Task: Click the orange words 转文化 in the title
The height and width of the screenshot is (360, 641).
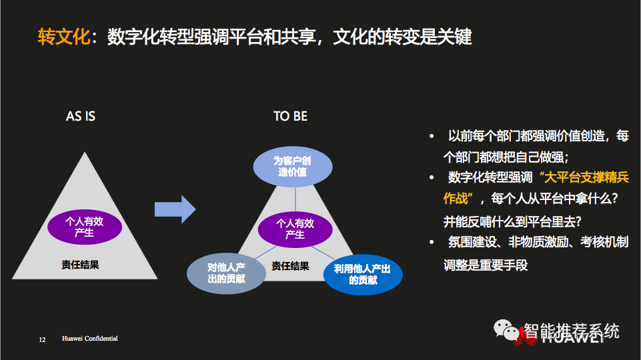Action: click(x=63, y=36)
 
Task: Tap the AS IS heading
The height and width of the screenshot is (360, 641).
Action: click(x=81, y=117)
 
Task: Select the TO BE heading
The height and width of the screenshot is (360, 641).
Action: click(x=290, y=117)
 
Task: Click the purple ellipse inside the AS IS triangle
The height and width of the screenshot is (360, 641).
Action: click(x=85, y=227)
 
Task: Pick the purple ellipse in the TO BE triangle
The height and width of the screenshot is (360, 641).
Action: click(x=295, y=229)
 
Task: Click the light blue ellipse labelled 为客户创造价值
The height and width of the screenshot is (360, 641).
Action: click(x=292, y=167)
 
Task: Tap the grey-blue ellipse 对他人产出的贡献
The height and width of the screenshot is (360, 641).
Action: click(x=226, y=273)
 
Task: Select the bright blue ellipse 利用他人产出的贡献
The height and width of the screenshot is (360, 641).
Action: click(x=363, y=275)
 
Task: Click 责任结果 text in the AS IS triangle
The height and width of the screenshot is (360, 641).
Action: click(x=80, y=265)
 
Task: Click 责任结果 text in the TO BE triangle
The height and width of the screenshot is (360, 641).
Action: click(x=290, y=266)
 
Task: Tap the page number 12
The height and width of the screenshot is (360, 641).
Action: click(x=42, y=340)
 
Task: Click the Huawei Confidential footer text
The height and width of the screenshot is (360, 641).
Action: click(x=90, y=339)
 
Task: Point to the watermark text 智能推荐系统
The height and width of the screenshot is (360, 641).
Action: click(x=572, y=331)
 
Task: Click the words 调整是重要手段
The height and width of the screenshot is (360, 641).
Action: click(x=485, y=265)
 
